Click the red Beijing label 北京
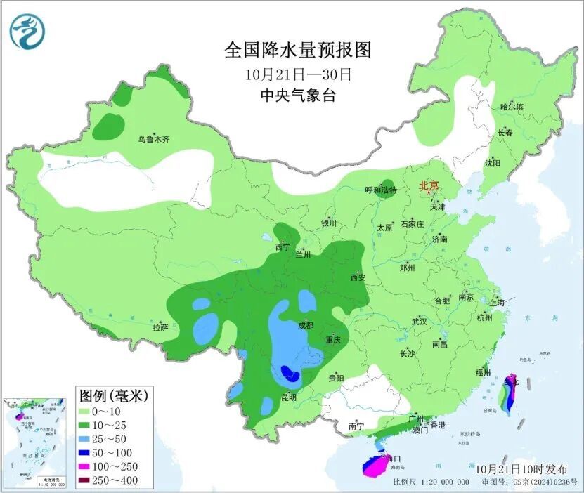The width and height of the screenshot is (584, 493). click(428, 186)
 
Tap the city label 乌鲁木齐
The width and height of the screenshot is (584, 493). click(153, 140)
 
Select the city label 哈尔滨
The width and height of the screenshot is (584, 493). click(512, 107)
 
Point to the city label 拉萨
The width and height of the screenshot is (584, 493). click(160, 327)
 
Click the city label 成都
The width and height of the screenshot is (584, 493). click(306, 325)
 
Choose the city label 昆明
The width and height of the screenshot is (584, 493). click(288, 397)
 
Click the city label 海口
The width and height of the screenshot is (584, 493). click(382, 458)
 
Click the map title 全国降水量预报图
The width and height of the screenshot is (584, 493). click(297, 50)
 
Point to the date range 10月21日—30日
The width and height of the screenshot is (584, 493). click(298, 74)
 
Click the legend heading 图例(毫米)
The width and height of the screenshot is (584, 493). click(112, 396)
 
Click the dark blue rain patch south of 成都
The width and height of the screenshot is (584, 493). click(290, 374)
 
